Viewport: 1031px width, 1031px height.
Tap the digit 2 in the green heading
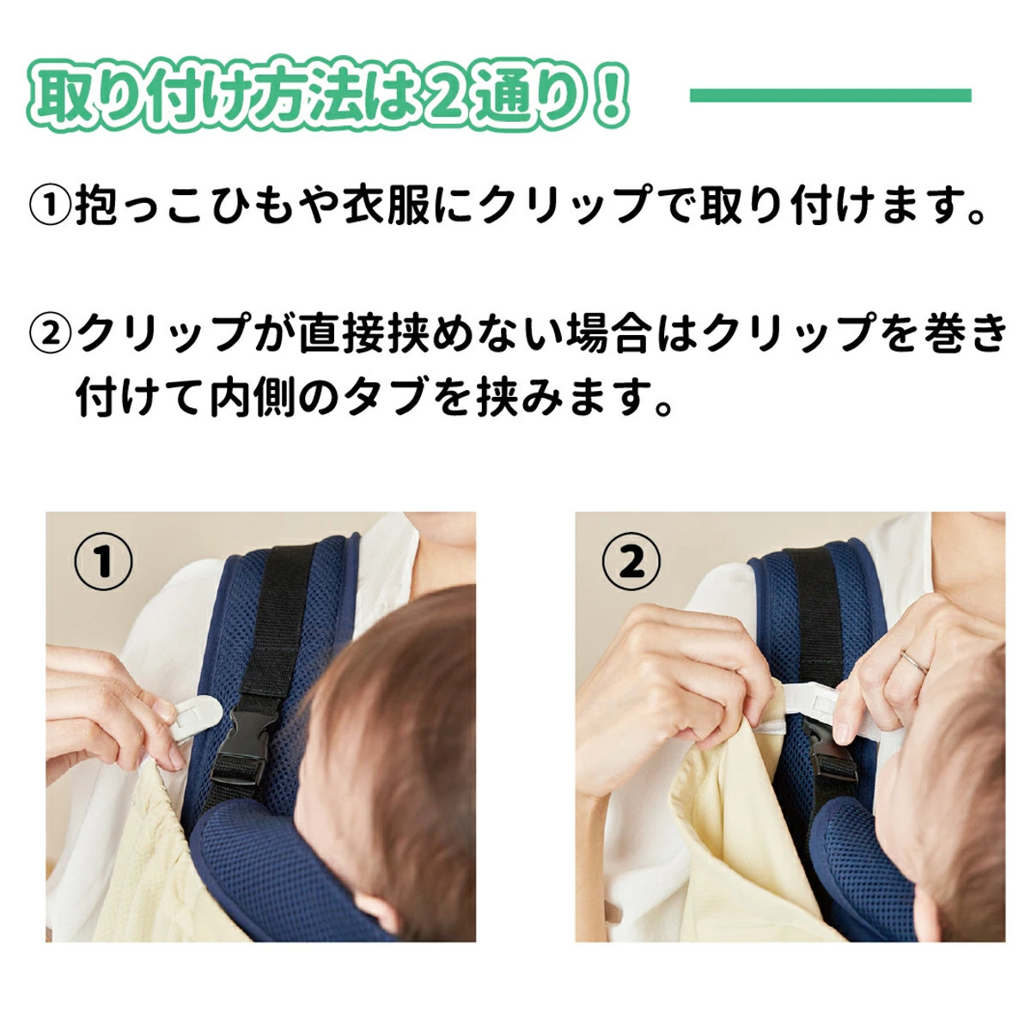point(443,96)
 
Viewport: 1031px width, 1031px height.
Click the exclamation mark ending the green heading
point(609,96)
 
